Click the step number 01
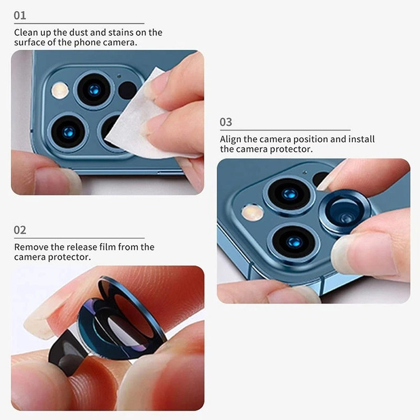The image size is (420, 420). pos(20,15)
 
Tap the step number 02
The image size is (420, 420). pos(20,230)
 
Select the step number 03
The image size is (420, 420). pos(226,122)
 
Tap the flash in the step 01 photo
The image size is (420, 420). pos(60,90)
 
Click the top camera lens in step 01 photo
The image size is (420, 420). pos(94,90)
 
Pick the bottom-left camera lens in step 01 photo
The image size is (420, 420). pos(68,132)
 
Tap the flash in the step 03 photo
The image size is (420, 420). pos(253,212)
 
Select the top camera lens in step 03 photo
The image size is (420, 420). pos(290,194)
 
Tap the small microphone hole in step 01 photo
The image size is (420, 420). pos(119,76)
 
